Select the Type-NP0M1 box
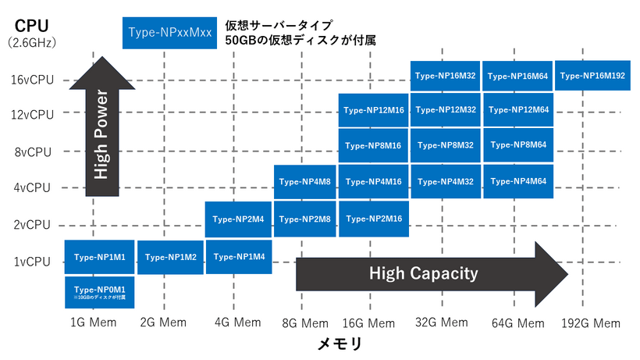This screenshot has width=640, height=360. [x=99, y=292]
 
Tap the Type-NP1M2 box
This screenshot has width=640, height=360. [x=171, y=257]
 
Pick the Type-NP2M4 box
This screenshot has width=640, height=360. [x=239, y=219]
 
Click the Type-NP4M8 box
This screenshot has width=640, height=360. [x=305, y=182]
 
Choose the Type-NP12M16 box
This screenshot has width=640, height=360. [x=373, y=111]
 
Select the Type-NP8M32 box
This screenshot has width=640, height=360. [x=445, y=145]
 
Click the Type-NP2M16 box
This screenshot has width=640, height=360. [x=373, y=219]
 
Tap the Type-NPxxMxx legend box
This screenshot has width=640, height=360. [x=168, y=34]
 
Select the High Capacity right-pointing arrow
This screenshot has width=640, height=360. [x=429, y=273]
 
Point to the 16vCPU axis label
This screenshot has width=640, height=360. [x=32, y=80]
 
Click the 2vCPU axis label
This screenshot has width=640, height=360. [x=34, y=225]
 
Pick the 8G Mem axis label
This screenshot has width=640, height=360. [x=304, y=323]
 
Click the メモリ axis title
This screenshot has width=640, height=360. [x=340, y=343]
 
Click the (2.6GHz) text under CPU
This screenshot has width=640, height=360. [x=31, y=43]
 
